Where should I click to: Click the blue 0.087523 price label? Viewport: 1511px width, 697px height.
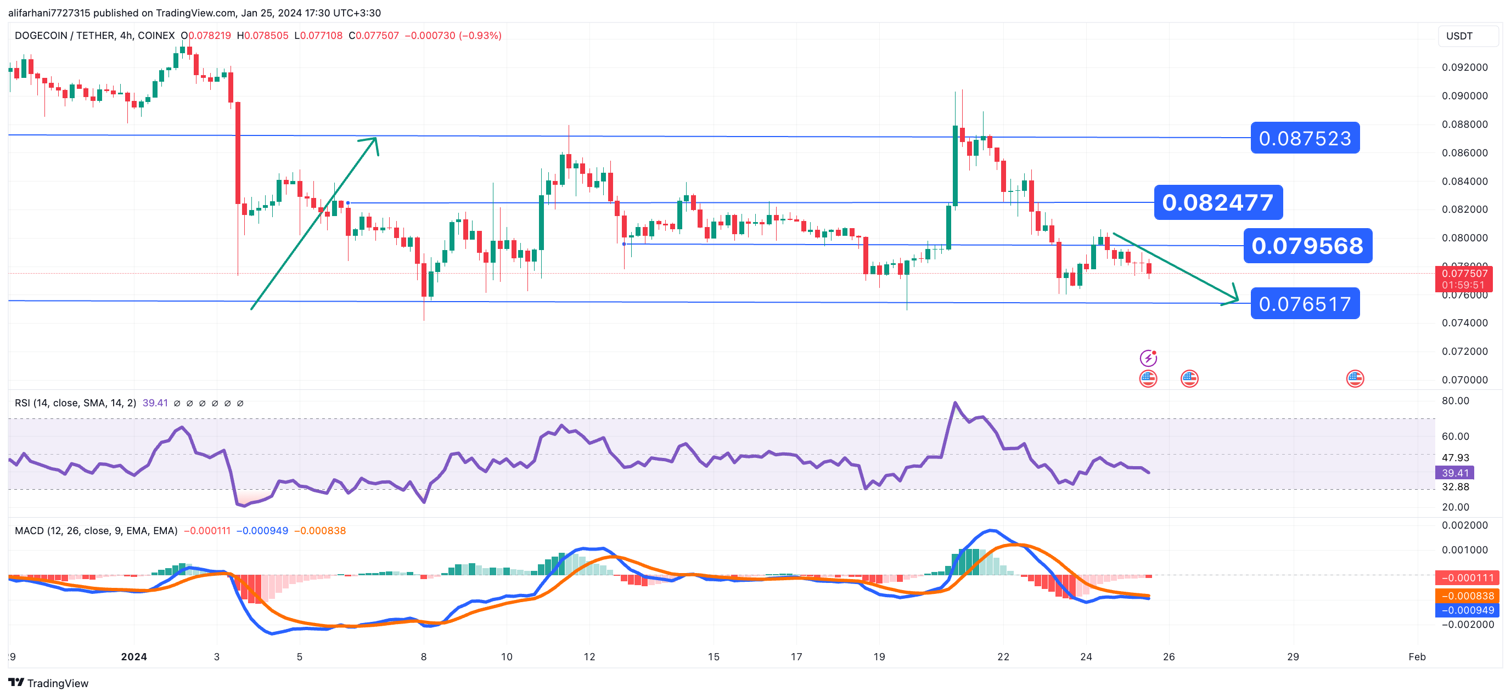click(1305, 138)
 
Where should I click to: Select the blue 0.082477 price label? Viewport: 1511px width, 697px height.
click(1218, 203)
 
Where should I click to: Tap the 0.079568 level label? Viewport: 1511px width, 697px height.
click(1307, 246)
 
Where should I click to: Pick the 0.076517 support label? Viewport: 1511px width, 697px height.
click(1305, 304)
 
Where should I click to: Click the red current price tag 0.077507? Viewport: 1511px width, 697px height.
click(1465, 274)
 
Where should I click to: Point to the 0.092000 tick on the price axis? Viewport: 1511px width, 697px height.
click(1465, 67)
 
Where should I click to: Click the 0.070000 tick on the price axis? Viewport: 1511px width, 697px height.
click(1465, 380)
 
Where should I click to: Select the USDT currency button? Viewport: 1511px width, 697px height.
click(1459, 36)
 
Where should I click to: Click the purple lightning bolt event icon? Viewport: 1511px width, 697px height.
click(1148, 358)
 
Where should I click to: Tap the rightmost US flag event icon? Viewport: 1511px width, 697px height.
click(1355, 379)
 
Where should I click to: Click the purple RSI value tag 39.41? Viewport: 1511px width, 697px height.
click(1455, 473)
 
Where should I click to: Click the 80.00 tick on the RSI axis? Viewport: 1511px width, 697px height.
click(1455, 401)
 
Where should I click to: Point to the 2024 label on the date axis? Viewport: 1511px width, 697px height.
click(134, 656)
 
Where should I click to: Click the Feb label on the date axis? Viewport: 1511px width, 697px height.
click(1417, 656)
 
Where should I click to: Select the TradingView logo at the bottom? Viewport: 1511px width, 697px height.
click(49, 683)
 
